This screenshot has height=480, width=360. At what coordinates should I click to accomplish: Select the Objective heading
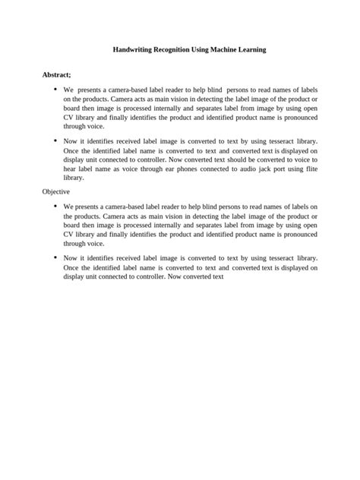pyautogui.click(x=56, y=192)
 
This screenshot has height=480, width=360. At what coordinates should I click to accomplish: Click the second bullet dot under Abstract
pyautogui.click(x=55, y=141)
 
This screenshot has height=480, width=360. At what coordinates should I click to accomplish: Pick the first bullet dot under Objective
pyautogui.click(x=55, y=206)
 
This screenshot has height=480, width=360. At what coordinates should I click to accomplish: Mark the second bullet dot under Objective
pyautogui.click(x=55, y=257)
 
